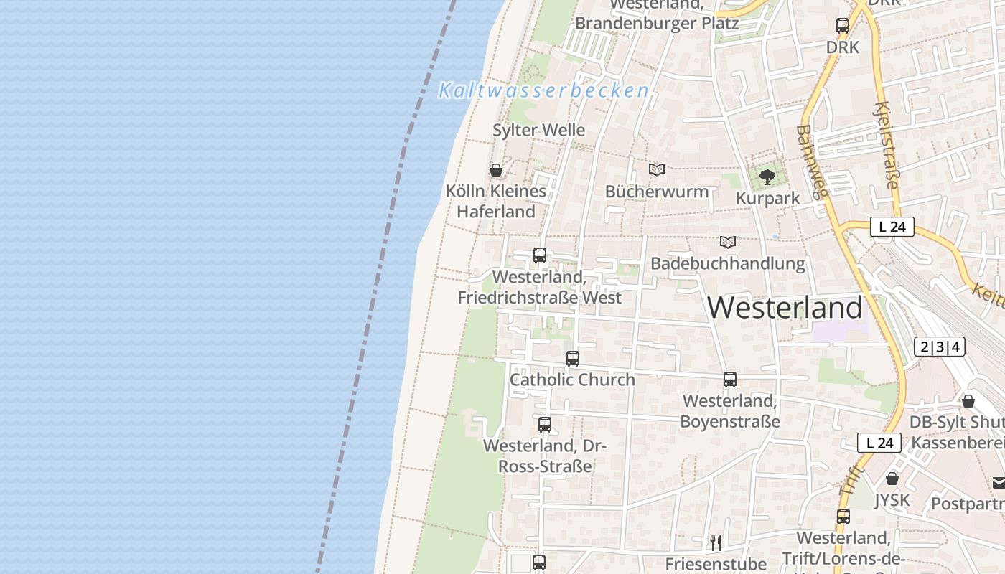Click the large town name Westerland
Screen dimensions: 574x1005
785,308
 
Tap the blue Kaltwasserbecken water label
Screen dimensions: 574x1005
543,91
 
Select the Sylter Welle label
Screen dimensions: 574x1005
538,130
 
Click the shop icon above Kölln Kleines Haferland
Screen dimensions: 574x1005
495,170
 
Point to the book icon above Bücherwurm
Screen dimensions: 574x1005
656,170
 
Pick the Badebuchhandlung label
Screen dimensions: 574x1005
727,263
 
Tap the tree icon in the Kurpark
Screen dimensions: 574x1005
767,177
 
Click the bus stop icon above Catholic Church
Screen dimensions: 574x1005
572,358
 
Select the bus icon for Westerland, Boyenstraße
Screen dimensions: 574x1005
729,379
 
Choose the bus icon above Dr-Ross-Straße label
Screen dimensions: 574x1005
544,424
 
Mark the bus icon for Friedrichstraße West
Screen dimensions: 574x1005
539,255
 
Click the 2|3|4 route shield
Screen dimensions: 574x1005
939,347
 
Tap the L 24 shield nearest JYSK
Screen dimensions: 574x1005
879,443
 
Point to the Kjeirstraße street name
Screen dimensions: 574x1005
887,146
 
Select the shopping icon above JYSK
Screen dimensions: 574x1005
892,478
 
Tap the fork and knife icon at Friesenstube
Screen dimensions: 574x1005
715,542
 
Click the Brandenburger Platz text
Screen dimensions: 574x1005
657,23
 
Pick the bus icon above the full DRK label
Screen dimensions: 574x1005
842,26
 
